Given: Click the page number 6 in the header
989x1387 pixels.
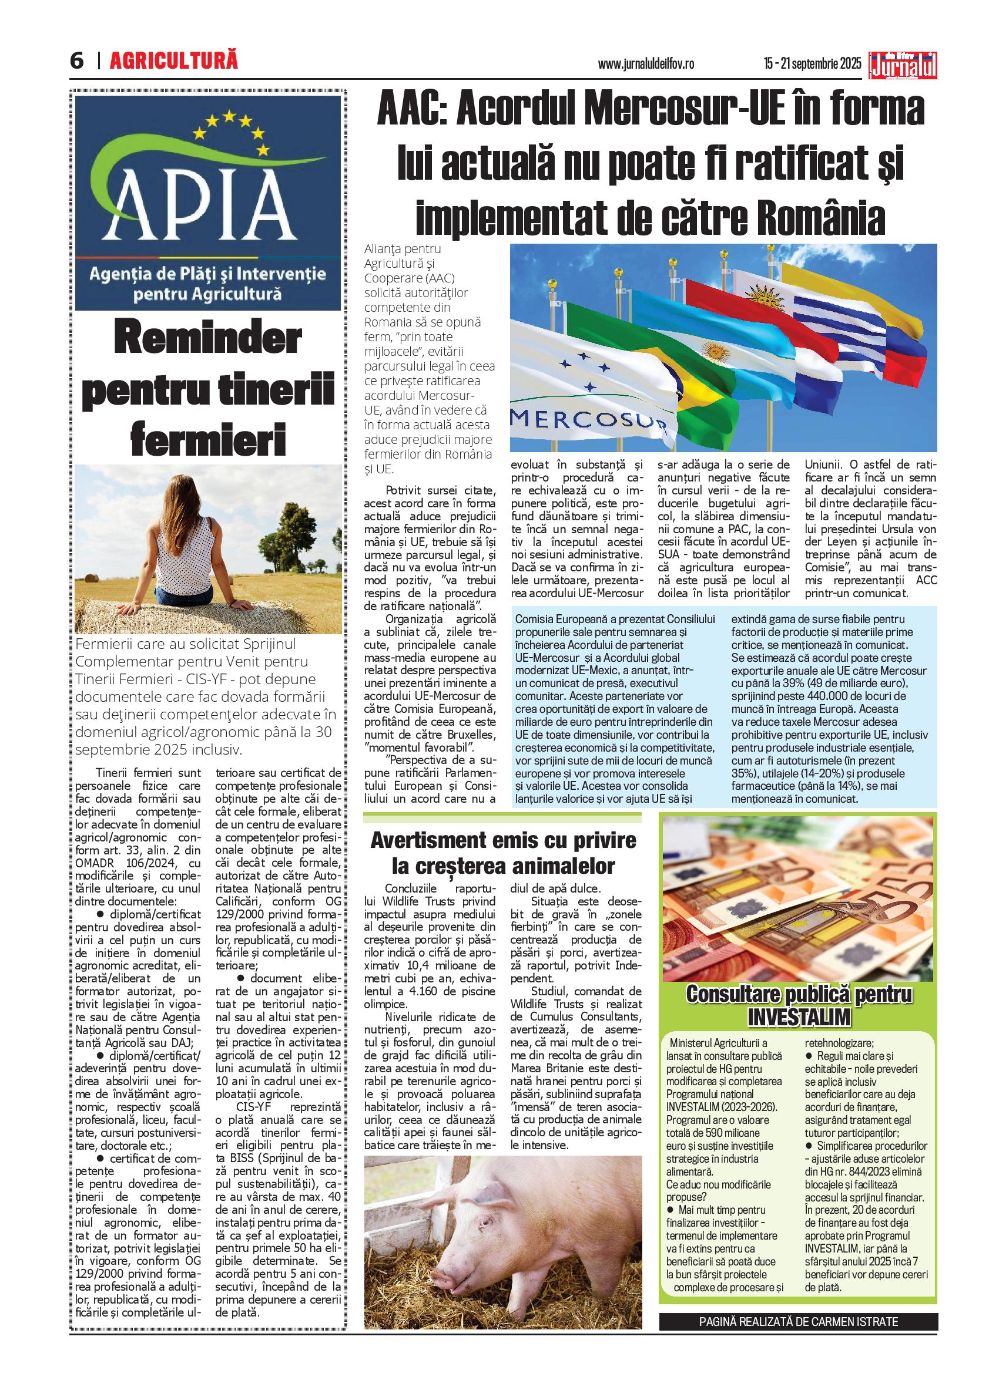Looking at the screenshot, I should (77, 62).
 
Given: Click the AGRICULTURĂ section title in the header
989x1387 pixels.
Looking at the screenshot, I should (174, 61).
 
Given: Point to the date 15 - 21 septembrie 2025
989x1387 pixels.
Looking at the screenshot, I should (812, 63).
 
